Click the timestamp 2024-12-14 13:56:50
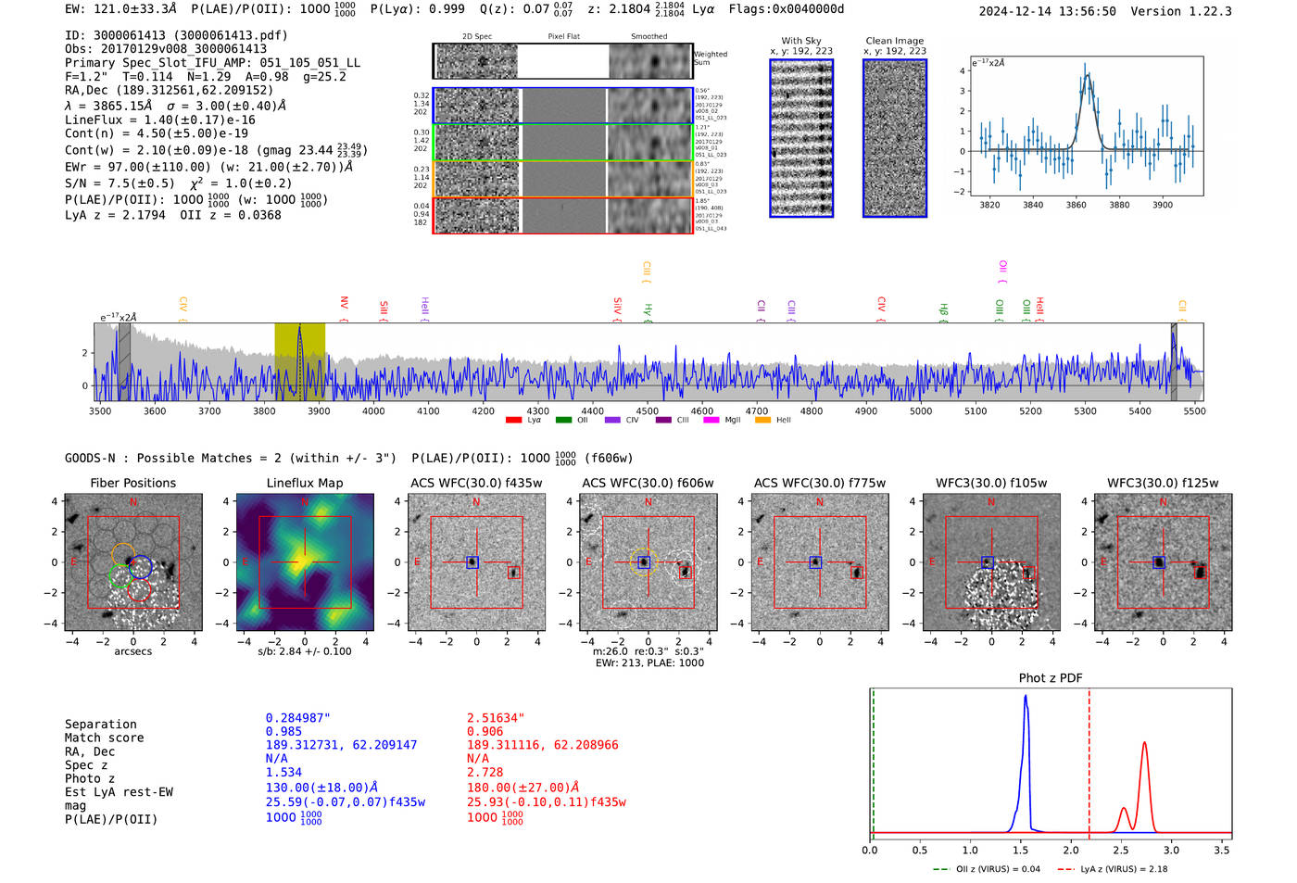(1047, 11)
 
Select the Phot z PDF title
(1051, 678)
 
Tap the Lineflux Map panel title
(305, 483)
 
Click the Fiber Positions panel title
(132, 483)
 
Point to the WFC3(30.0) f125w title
(1163, 483)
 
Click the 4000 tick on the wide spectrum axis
(373, 411)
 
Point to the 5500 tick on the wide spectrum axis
(1194, 411)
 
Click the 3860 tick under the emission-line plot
(1076, 205)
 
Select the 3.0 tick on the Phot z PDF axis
(1171, 850)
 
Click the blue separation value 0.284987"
(297, 718)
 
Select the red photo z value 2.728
(485, 772)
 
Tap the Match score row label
(104, 738)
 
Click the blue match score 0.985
(283, 731)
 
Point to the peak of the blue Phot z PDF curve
(1025, 697)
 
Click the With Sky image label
(800, 41)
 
